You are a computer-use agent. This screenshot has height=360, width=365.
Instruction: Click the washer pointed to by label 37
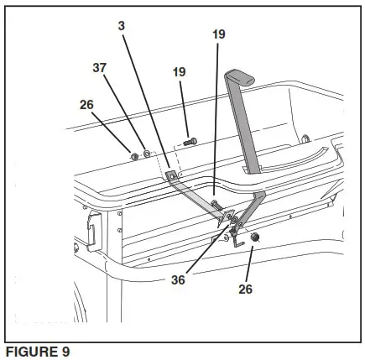coord(145,154)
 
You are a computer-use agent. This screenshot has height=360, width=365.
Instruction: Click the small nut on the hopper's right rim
coord(305,138)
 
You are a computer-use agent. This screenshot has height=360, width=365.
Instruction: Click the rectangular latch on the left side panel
coord(94,223)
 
